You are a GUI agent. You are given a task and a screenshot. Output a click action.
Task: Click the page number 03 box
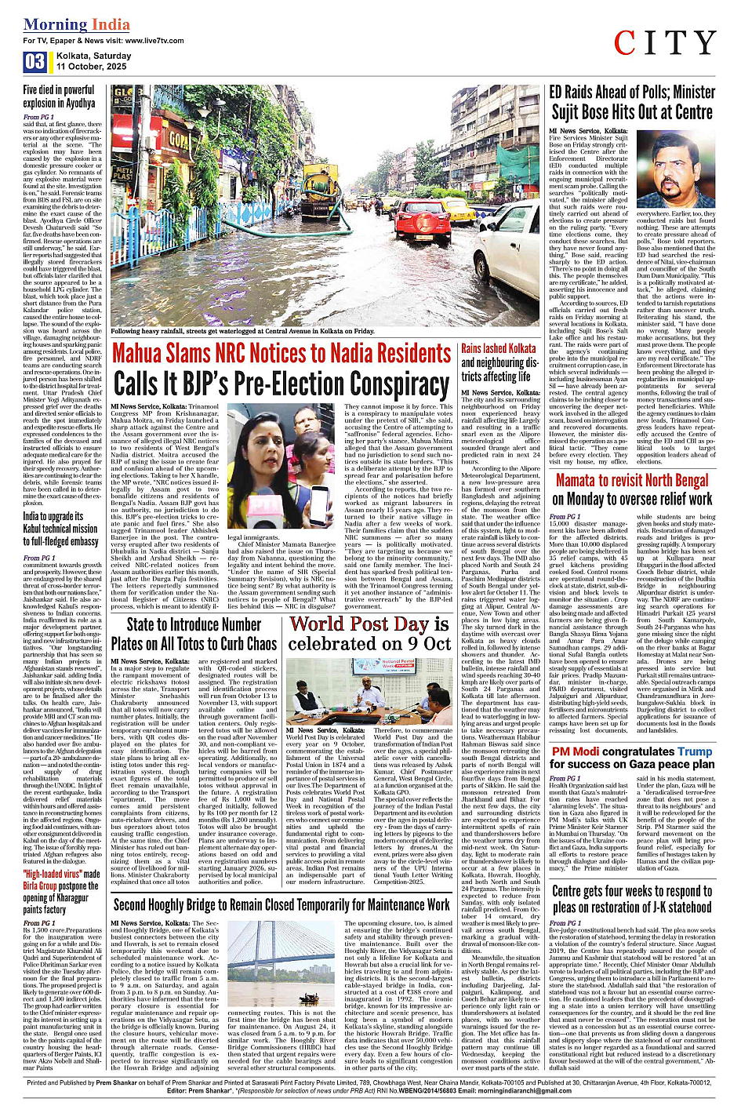[35, 62]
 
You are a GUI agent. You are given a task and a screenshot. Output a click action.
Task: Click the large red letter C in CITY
[627, 44]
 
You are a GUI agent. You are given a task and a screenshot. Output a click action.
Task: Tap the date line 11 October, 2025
[91, 67]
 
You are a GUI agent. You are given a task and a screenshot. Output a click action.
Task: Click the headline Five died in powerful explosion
[59, 96]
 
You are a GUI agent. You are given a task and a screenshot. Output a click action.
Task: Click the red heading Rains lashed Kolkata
[499, 348]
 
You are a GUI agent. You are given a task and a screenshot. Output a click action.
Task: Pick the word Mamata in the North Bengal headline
[587, 480]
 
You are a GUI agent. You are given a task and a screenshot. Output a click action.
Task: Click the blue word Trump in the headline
[695, 751]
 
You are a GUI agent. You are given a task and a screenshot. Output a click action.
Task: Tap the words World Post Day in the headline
[358, 624]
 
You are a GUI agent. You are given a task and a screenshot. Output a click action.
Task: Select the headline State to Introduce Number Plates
[194, 634]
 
